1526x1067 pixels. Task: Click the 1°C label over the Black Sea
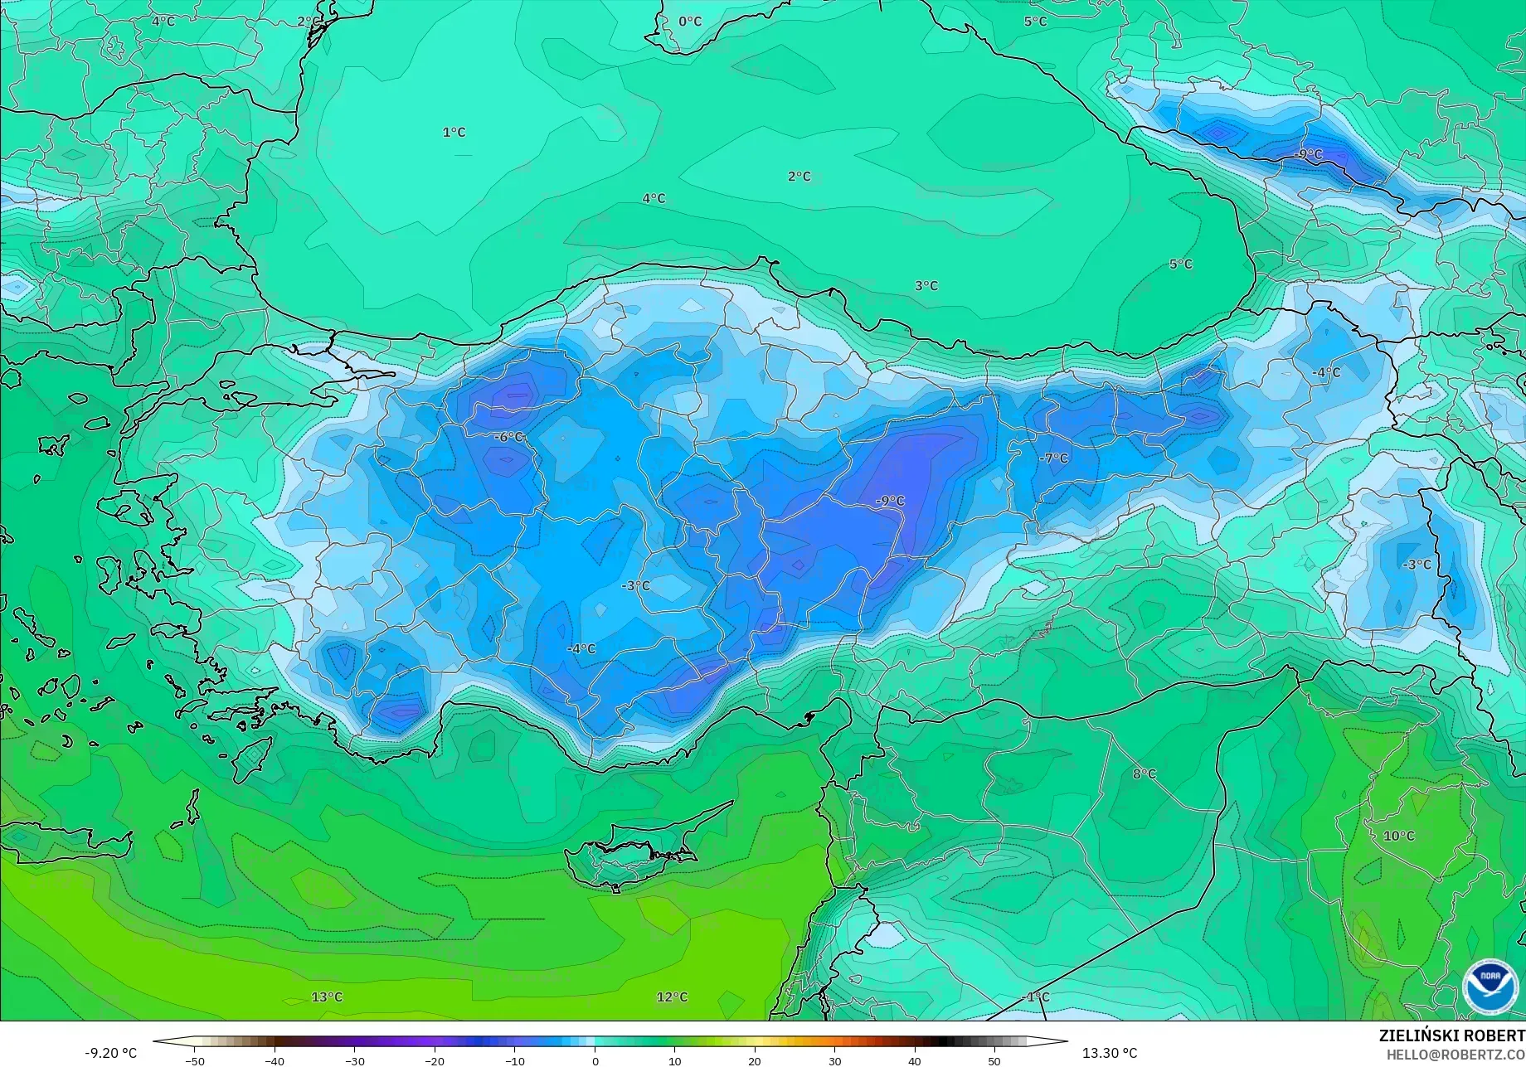click(x=454, y=133)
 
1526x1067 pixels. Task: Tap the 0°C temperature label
click(x=690, y=22)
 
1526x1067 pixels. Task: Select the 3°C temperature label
click(x=926, y=286)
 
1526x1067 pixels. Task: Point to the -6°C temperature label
click(x=509, y=437)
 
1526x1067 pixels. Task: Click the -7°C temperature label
click(x=1054, y=458)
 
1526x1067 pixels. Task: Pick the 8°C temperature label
click(x=1144, y=774)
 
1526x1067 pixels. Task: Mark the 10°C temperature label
click(x=1399, y=836)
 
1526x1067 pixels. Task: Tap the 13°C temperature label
click(x=327, y=997)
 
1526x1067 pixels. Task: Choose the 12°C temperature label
click(x=672, y=997)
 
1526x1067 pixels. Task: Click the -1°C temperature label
click(x=1035, y=997)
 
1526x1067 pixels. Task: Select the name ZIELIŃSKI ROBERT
click(x=1451, y=1036)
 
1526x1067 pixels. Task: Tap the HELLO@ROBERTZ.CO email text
click(x=1456, y=1054)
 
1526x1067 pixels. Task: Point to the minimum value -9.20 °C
click(x=110, y=1053)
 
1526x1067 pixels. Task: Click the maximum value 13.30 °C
click(x=1110, y=1053)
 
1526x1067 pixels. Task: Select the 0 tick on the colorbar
click(x=595, y=1061)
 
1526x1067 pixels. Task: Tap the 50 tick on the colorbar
click(x=994, y=1061)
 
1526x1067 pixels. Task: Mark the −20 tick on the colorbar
click(x=435, y=1061)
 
